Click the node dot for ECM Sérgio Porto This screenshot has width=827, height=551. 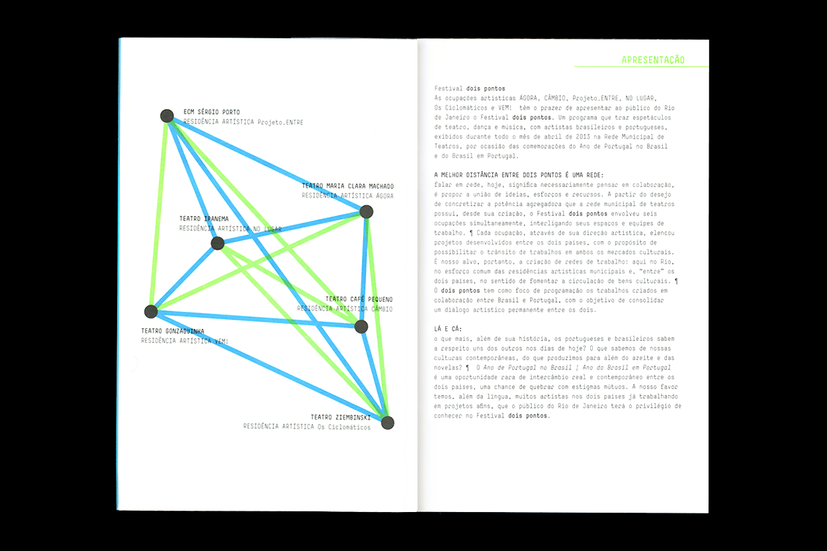click(x=167, y=116)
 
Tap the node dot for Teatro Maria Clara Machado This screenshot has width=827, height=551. click(x=366, y=212)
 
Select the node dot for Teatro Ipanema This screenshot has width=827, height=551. click(x=218, y=243)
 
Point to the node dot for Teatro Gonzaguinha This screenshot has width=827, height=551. click(x=151, y=311)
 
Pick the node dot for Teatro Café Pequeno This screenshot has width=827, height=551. click(x=361, y=326)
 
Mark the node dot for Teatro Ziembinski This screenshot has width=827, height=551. click(x=388, y=423)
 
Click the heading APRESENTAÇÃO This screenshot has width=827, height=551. click(x=653, y=60)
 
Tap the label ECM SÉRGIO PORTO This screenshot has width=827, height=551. click(x=212, y=112)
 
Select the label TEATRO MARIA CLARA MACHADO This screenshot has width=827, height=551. click(x=347, y=186)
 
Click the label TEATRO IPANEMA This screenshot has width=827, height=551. click(x=204, y=219)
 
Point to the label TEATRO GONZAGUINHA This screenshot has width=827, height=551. click(x=173, y=331)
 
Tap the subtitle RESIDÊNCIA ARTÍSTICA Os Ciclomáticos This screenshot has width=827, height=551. click(x=306, y=427)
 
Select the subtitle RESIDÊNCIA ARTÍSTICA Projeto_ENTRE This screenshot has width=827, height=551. click(x=243, y=122)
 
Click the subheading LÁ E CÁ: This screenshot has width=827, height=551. click(x=448, y=329)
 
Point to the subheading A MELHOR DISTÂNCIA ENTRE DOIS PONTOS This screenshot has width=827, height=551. click(x=514, y=175)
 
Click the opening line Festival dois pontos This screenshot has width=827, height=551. click(x=469, y=89)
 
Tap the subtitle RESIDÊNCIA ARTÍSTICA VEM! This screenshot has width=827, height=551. click(x=185, y=341)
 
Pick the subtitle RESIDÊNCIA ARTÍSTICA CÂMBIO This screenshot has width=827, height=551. click(x=345, y=309)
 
